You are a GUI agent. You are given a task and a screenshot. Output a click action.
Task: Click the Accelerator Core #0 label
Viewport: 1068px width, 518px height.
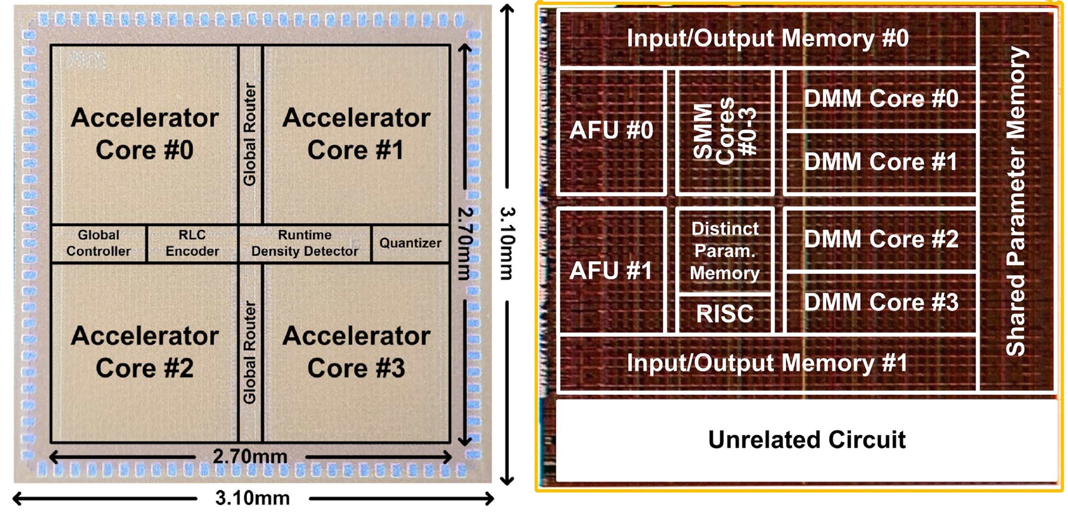click(x=144, y=134)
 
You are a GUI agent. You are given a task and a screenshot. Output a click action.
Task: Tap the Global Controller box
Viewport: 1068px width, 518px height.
click(x=99, y=243)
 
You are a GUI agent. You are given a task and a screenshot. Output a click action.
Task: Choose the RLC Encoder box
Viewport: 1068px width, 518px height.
click(x=192, y=243)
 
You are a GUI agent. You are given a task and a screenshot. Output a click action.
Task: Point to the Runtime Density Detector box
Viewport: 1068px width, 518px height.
click(x=305, y=243)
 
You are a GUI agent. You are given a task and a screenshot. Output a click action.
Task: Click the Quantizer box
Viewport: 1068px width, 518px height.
click(x=410, y=243)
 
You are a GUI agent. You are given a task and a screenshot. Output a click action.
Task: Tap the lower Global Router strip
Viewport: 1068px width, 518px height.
click(x=250, y=352)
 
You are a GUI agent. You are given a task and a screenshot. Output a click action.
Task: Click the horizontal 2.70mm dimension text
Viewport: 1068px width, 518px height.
click(x=250, y=457)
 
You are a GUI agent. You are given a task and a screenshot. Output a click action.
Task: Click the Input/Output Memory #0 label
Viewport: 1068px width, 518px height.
click(x=767, y=38)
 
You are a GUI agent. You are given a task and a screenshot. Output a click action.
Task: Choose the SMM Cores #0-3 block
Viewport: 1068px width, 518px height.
click(x=725, y=132)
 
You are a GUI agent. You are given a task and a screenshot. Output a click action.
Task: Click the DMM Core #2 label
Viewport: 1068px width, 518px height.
click(x=881, y=239)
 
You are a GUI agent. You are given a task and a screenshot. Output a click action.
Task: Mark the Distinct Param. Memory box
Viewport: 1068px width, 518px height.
click(x=725, y=251)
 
